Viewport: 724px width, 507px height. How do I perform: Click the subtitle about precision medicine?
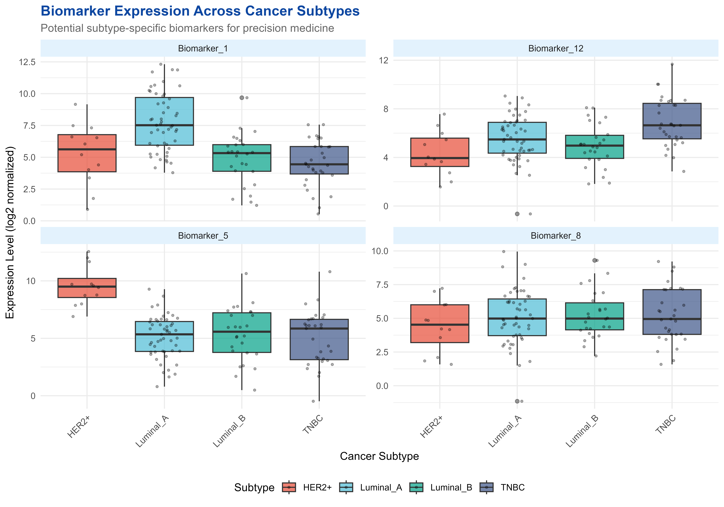[187, 28]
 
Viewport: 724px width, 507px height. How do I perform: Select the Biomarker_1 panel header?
[203, 49]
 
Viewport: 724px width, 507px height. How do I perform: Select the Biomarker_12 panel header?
[556, 49]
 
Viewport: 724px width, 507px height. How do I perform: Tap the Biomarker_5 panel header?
[203, 236]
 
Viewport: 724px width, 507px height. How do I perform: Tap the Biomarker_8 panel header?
[556, 236]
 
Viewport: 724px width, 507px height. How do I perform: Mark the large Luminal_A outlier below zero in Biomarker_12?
[517, 214]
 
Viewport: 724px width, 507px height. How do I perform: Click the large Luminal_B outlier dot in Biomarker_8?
[594, 261]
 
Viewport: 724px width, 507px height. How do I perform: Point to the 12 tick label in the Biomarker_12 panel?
[383, 60]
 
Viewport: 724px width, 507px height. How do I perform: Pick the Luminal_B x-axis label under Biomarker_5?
[230, 431]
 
